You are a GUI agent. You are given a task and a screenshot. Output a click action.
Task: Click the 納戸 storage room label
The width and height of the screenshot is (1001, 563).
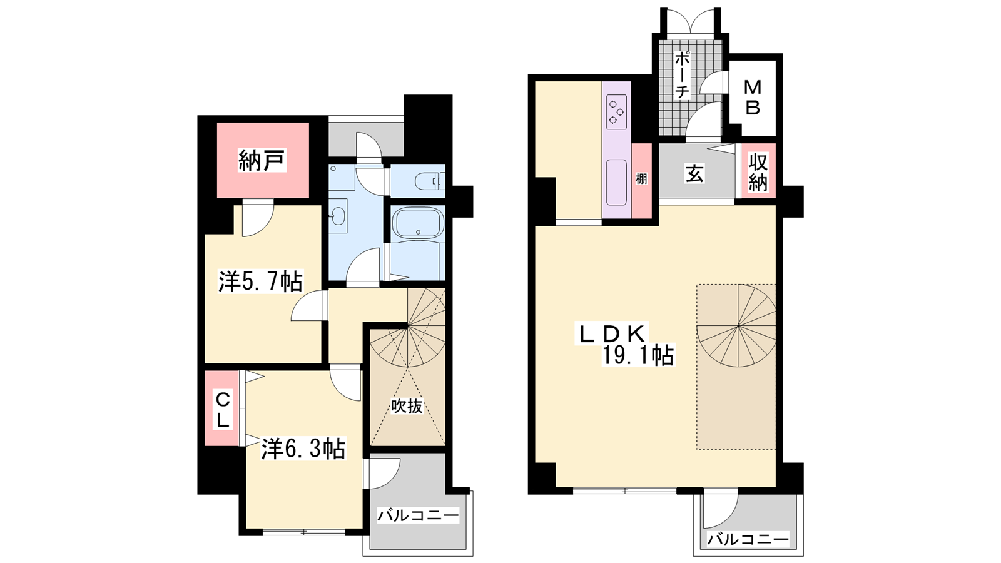pyautogui.click(x=262, y=160)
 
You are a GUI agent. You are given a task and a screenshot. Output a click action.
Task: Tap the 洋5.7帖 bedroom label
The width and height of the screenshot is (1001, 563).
pyautogui.click(x=260, y=281)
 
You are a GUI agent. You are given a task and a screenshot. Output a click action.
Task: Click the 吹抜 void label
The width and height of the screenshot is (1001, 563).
pyautogui.click(x=407, y=406)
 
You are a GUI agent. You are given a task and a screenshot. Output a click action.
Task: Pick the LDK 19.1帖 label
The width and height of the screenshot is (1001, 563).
pyautogui.click(x=626, y=345)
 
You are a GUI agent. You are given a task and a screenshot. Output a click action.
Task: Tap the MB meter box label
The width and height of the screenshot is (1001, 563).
pyautogui.click(x=753, y=98)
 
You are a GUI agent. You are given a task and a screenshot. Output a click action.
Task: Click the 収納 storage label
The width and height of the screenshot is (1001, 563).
pyautogui.click(x=758, y=173)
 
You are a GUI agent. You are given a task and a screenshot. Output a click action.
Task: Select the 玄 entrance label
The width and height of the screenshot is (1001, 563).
pyautogui.click(x=694, y=174)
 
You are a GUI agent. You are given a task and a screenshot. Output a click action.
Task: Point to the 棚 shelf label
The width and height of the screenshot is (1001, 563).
pyautogui.click(x=641, y=179)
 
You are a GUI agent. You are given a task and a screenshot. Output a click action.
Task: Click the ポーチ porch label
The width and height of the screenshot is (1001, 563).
pyautogui.click(x=681, y=74)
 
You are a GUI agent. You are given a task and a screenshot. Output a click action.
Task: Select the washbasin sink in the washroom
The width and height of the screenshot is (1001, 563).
pyautogui.click(x=338, y=216)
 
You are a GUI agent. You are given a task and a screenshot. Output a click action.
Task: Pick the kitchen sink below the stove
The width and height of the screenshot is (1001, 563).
pyautogui.click(x=616, y=182)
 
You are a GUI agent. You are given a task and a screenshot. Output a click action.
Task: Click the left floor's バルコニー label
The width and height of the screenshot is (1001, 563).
pyautogui.click(x=418, y=515)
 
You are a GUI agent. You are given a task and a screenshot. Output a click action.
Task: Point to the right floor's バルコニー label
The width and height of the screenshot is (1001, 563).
pyautogui.click(x=748, y=540)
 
